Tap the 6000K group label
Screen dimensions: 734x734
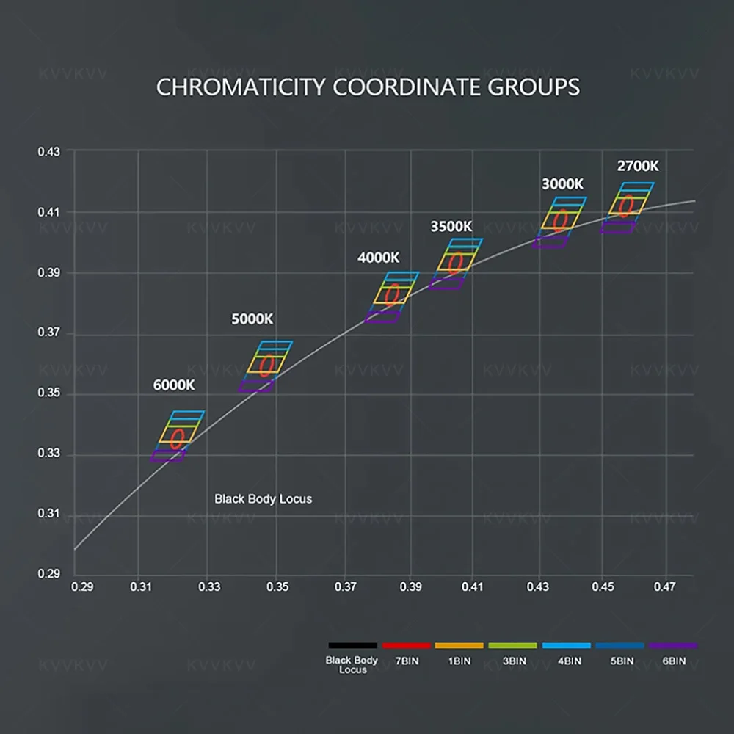(174, 385)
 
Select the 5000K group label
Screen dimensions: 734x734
(252, 319)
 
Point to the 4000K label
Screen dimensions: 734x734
(379, 258)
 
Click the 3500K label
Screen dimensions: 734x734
(451, 226)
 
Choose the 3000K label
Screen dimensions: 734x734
(563, 183)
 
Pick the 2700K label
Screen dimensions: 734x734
(638, 167)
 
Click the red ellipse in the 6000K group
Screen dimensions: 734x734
(177, 439)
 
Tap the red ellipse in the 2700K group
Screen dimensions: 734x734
(626, 206)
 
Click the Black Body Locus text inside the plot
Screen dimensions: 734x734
(263, 499)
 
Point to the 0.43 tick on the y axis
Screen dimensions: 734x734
(50, 151)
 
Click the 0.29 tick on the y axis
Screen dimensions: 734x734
(50, 573)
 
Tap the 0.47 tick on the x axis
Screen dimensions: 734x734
(665, 587)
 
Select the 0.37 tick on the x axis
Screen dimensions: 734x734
(346, 587)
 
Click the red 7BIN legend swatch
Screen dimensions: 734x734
(406, 645)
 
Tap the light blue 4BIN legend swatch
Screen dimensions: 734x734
(566, 645)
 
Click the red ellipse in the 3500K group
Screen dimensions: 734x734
(456, 263)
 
